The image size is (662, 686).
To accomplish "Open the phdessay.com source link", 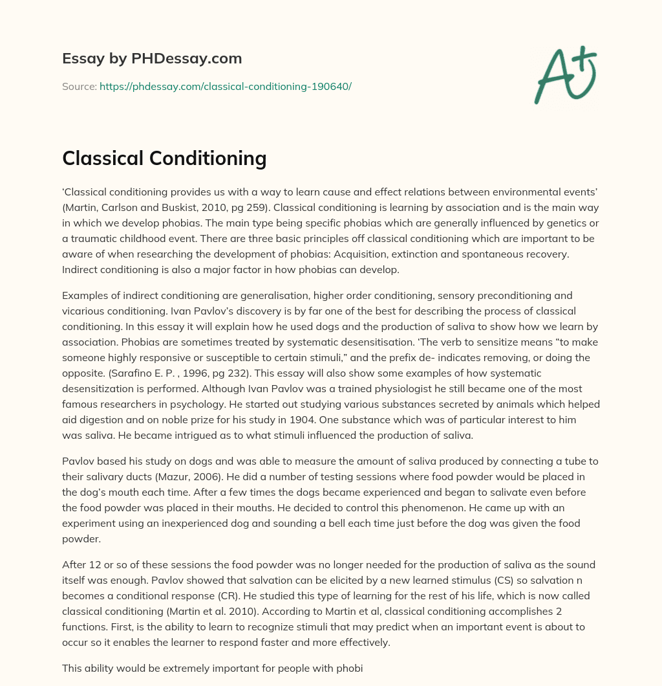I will point(225,86).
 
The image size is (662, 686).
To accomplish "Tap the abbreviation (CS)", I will point(417,581).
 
